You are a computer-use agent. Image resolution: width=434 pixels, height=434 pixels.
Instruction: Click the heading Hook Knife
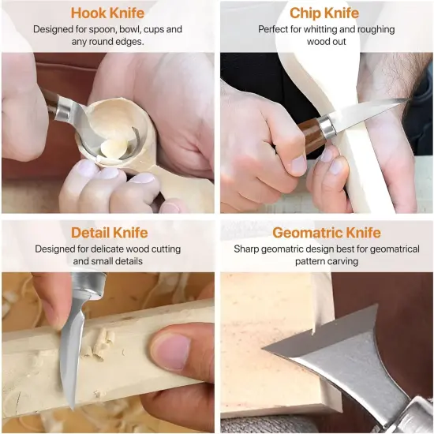(x=108, y=13)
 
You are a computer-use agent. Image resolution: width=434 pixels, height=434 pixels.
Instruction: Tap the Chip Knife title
(x=324, y=13)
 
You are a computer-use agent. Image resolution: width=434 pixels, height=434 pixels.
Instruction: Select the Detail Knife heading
(x=108, y=232)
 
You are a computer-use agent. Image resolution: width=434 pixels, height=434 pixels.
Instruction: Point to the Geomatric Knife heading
(x=327, y=232)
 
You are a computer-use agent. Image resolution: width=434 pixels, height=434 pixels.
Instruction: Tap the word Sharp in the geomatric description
(x=248, y=249)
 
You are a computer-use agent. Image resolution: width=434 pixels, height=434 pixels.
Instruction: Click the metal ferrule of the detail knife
(x=89, y=282)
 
